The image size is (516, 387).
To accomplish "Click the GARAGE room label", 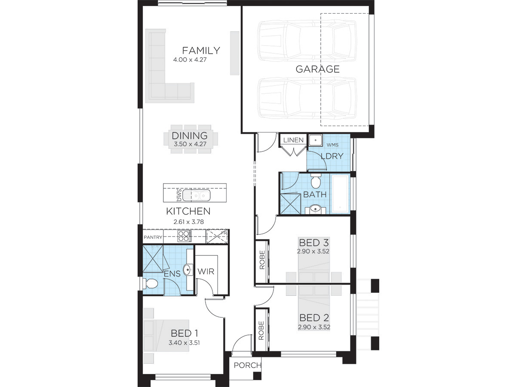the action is tap(317, 69).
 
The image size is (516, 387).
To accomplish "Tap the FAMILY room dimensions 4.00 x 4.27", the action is tap(190, 60).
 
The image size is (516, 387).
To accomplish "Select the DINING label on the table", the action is tap(190, 135).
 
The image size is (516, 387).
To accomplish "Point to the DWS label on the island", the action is tap(179, 195).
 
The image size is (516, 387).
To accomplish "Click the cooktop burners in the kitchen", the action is tap(184, 236).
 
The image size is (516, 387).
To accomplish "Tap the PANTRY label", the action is tap(153, 237).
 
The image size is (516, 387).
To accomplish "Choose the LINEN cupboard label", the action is tap(293, 140).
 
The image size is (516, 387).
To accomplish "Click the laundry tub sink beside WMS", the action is tap(315, 140).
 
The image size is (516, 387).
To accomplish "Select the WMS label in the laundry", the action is tap(332, 145).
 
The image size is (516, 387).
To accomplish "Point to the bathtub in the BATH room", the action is tap(340, 194).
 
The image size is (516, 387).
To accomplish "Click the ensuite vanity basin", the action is tap(187, 270).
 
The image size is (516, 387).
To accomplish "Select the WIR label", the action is tap(206, 272).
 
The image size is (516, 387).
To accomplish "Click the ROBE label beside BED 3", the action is tap(262, 260).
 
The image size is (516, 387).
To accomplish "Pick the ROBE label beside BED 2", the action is tap(261, 331).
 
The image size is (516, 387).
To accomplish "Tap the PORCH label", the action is tap(248, 365).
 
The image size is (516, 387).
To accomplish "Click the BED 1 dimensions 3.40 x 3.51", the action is tap(184, 343).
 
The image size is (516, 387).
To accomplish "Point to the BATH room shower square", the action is tap(291, 204).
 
